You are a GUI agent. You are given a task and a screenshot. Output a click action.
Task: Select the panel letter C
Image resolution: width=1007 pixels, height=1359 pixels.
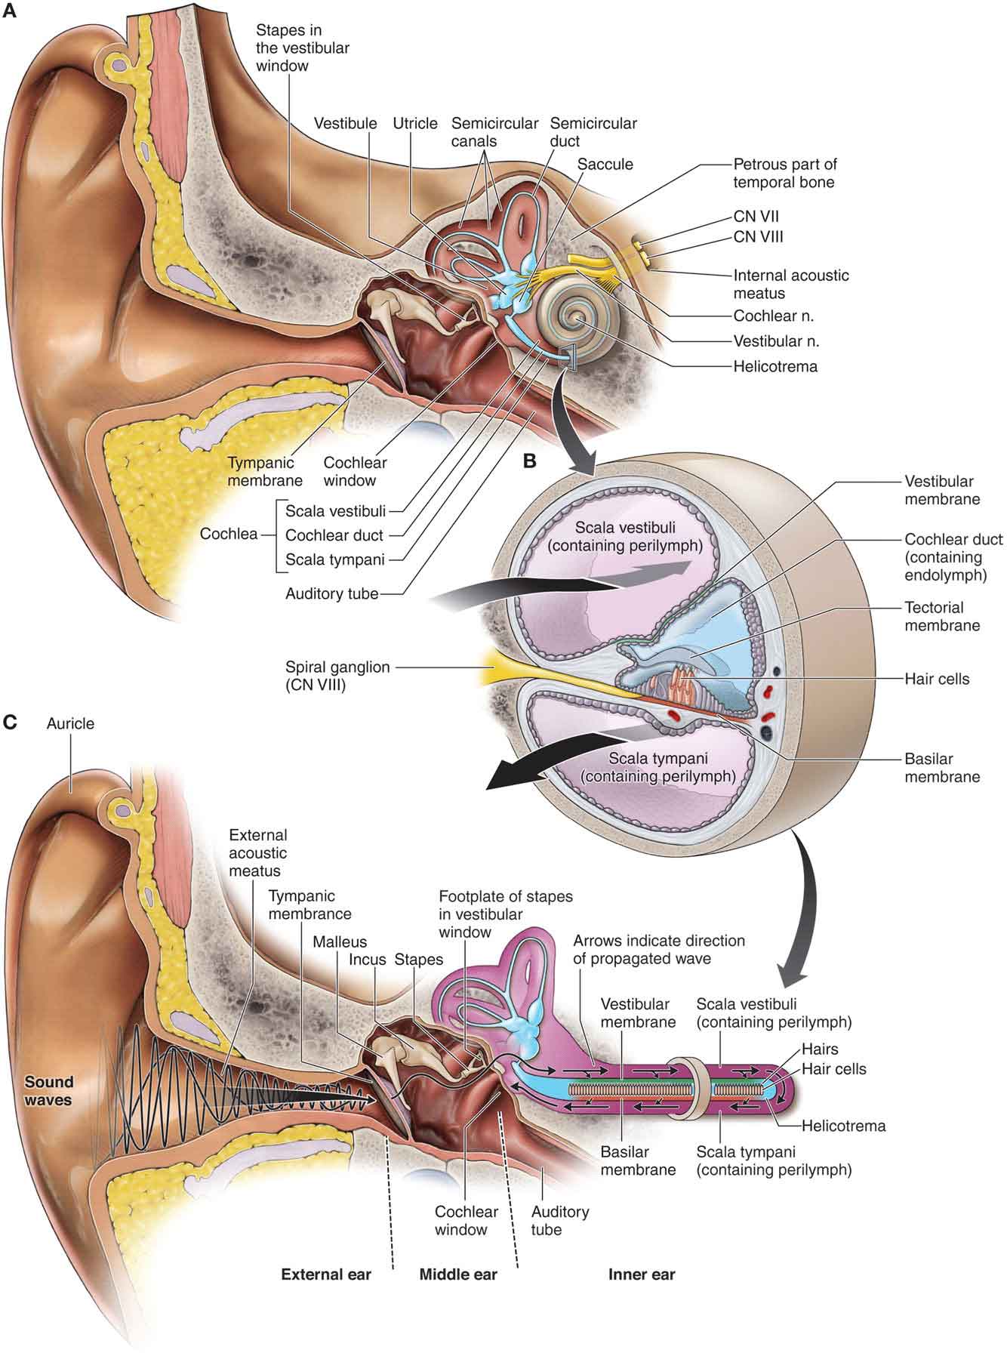pos(10,723)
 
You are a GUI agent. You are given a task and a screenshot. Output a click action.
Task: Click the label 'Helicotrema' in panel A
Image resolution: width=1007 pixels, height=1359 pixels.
pos(775,367)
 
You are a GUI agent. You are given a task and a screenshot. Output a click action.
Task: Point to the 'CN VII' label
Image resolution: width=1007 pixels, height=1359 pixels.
pos(757,217)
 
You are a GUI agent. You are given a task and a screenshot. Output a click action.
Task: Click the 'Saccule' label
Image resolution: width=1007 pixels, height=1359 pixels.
pos(605,164)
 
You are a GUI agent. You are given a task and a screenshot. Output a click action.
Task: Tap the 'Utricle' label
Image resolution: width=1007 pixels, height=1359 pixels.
pos(415,124)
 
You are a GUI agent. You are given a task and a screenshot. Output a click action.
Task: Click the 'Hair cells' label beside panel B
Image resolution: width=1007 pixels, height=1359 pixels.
pos(937,679)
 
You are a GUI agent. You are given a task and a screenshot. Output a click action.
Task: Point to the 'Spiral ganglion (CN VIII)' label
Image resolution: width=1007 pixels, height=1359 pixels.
pos(337,676)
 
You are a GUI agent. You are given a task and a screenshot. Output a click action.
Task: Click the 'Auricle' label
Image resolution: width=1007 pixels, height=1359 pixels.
pos(70,723)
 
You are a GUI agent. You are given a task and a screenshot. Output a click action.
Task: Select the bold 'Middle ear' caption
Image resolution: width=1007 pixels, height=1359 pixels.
pos(458,1274)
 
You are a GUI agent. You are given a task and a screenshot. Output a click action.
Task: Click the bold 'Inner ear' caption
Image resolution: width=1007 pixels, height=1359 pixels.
pos(642,1274)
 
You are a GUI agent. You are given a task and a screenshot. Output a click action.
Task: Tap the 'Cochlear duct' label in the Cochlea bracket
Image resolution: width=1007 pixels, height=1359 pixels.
pos(334,535)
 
